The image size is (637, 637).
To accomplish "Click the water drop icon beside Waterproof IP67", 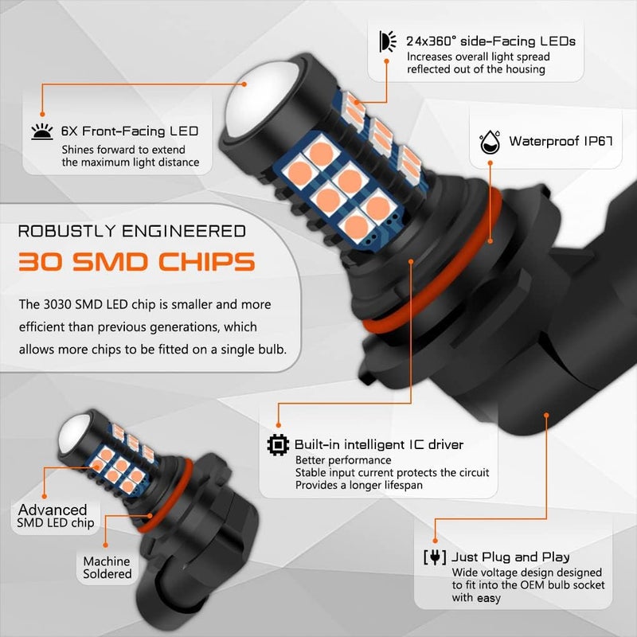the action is [490, 142].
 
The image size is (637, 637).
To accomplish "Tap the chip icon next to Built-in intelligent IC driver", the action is [278, 445].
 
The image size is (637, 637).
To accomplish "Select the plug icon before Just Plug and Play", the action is [435, 557].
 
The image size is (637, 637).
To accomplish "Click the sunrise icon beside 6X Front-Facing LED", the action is [42, 131].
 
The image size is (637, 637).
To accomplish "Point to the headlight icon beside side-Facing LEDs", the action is [388, 41].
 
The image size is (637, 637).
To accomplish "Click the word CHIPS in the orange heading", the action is [206, 261].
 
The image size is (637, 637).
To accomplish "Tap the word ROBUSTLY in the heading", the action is [67, 231].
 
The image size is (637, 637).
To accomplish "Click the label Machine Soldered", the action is [107, 568].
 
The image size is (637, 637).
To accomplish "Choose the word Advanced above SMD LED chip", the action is [53, 510].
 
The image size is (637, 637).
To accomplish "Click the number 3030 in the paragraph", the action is [57, 304].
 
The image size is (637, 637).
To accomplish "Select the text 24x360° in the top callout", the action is [431, 41].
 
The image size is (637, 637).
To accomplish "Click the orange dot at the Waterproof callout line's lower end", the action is [490, 241].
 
